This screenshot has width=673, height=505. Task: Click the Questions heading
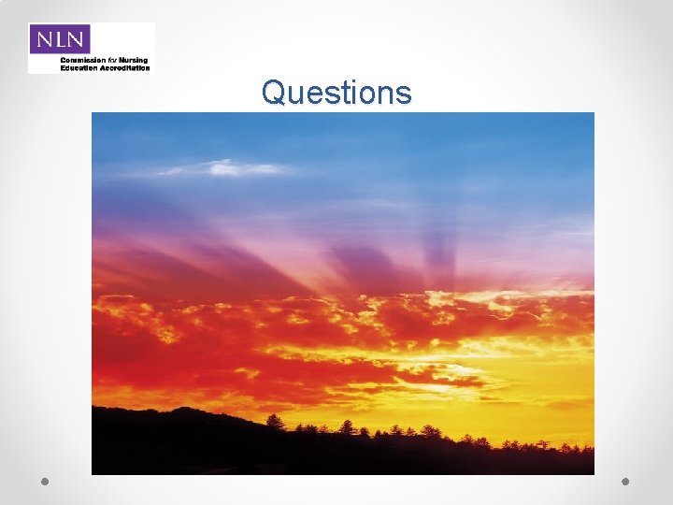(x=336, y=93)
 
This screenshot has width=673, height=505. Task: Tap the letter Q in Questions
(x=273, y=93)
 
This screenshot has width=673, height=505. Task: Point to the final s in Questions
(x=403, y=94)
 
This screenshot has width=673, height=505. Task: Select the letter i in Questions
(x=351, y=93)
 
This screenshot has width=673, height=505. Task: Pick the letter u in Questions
(x=294, y=94)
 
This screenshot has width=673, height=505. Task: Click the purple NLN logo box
(x=60, y=39)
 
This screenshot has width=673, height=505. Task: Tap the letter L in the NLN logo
(x=60, y=39)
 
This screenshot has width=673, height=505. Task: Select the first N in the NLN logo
(x=44, y=39)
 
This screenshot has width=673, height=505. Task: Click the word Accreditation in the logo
(x=124, y=68)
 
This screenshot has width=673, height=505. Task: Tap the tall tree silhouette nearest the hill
(x=275, y=423)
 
